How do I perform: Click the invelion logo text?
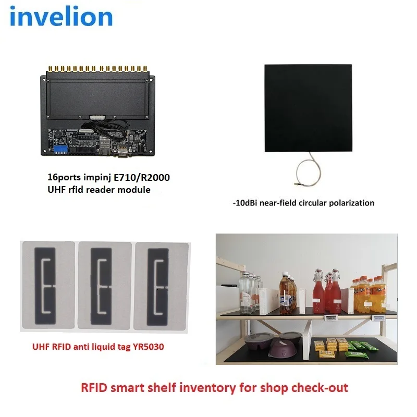(x=61, y=17)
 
